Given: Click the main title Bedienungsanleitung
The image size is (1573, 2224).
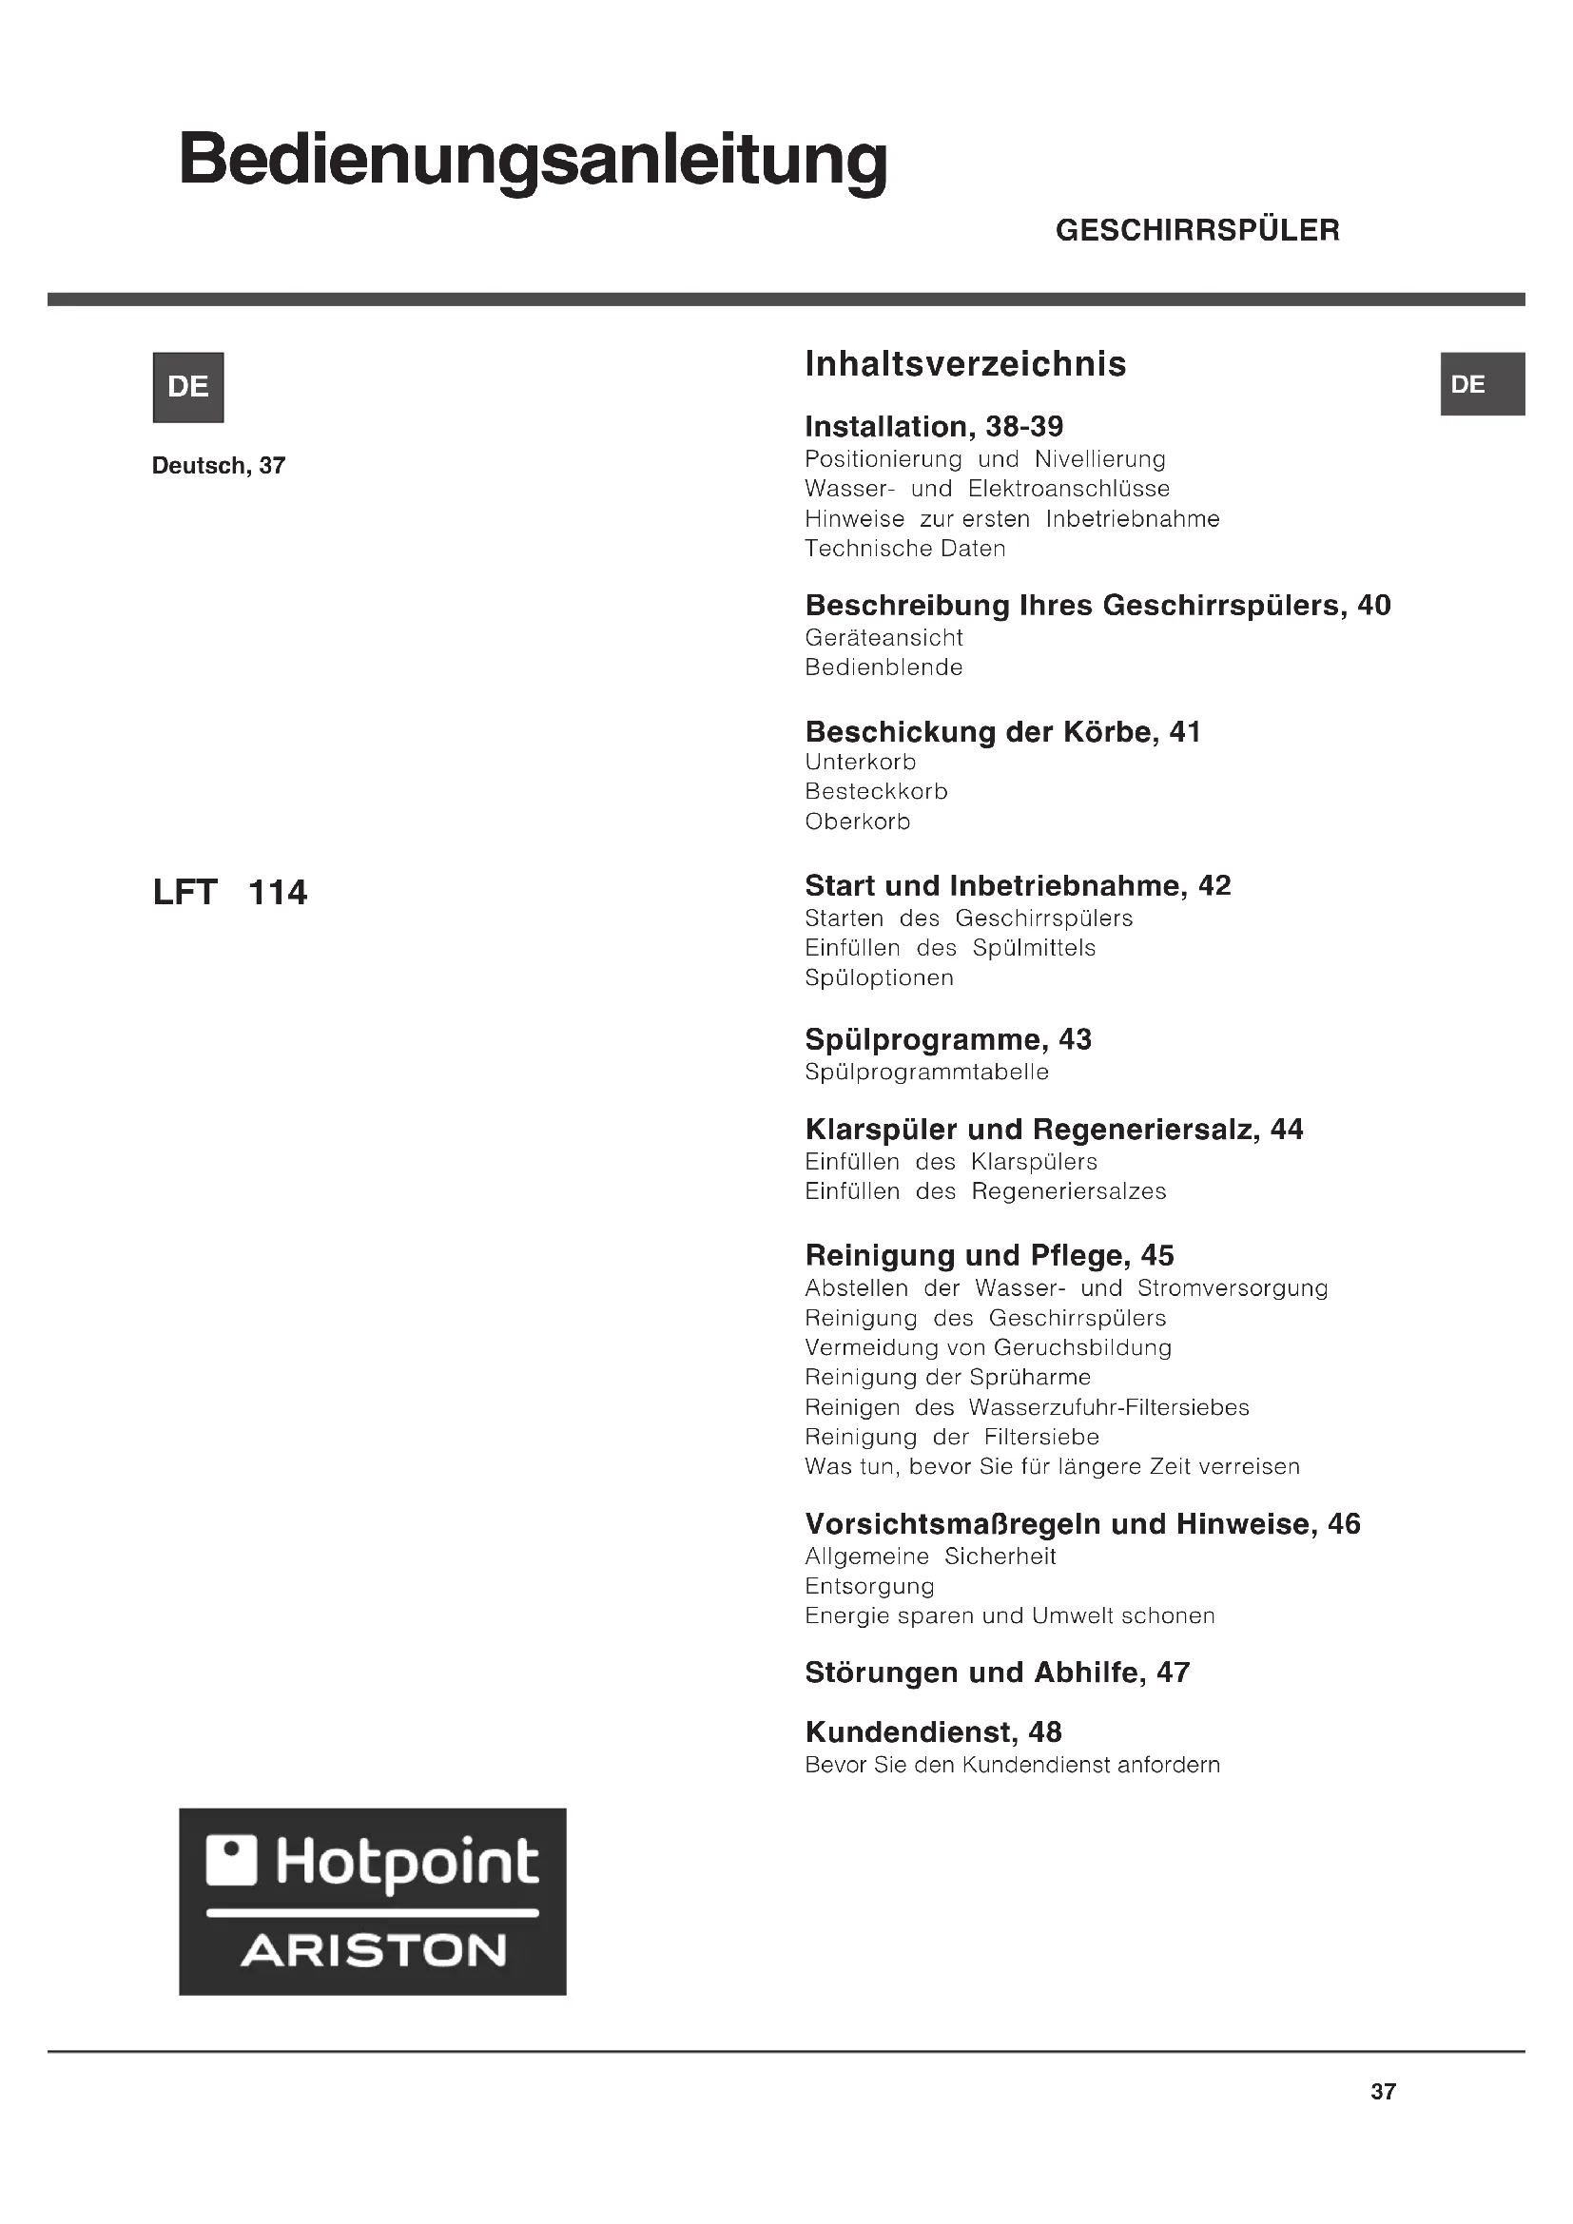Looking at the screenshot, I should (533, 161).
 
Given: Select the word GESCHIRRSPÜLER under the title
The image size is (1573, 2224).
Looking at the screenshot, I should (1197, 230).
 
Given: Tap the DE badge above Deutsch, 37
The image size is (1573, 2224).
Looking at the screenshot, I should (188, 386).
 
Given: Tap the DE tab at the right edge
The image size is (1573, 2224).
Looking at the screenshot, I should (1482, 383).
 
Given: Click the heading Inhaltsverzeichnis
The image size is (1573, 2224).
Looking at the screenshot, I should (964, 364).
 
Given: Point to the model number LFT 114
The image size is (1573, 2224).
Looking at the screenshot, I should (229, 892).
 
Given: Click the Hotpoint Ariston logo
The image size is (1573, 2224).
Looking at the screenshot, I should (372, 1901).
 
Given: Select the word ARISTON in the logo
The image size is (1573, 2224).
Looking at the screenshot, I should (373, 1951).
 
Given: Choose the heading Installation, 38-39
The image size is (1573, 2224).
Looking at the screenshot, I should (934, 426).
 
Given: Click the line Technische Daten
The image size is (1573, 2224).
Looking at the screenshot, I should (904, 549).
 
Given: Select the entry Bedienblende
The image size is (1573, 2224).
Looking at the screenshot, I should (884, 667).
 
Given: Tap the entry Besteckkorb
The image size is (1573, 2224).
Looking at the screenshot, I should (876, 791).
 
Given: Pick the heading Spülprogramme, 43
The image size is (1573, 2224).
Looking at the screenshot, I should (947, 1039).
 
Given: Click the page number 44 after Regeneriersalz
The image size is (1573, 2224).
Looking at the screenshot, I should (1287, 1130).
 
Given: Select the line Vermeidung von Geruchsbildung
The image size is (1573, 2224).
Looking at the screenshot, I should (988, 1347).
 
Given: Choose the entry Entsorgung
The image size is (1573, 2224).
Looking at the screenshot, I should (869, 1586).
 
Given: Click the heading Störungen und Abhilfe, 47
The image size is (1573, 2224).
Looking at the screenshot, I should (997, 1673).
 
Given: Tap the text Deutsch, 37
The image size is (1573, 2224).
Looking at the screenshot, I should (219, 466).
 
